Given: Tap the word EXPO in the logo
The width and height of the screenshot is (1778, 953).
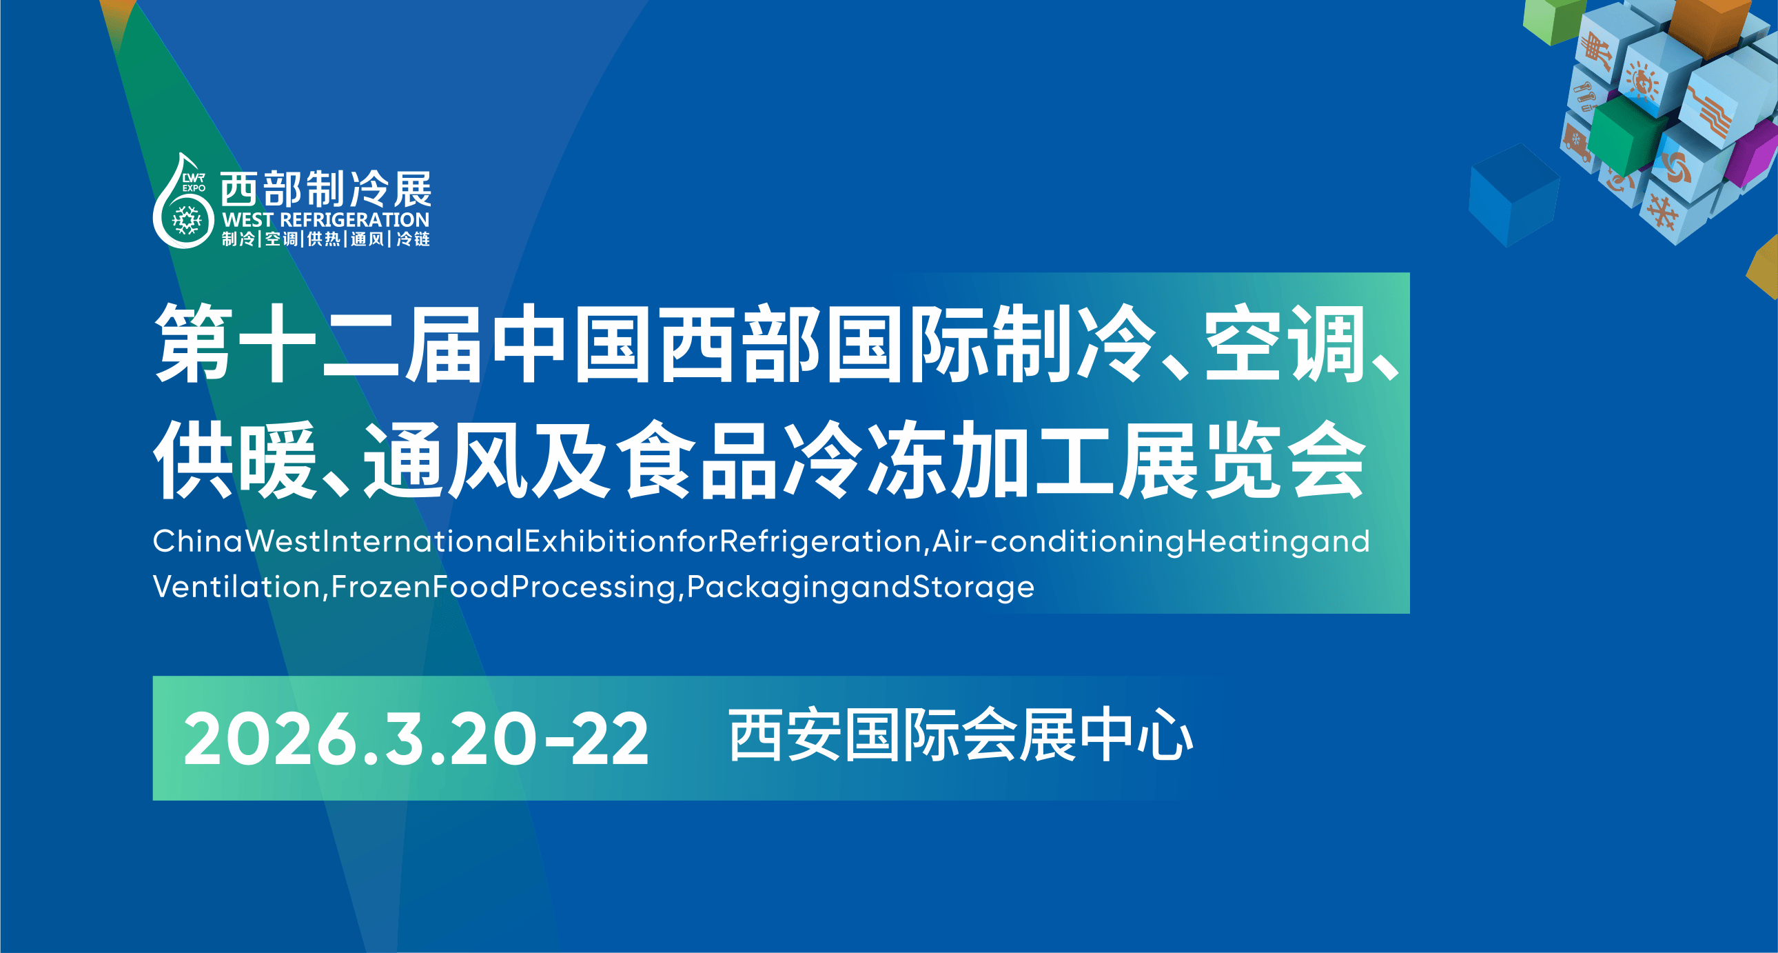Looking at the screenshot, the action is click(x=194, y=188).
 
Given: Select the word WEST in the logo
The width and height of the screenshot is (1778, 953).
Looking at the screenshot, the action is click(x=249, y=220).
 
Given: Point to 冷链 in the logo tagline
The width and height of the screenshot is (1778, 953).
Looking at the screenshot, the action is click(x=413, y=239).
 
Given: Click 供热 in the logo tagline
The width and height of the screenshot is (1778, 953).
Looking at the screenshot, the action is click(x=324, y=239).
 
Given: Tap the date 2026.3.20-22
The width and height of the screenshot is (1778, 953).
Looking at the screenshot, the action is click(x=416, y=740).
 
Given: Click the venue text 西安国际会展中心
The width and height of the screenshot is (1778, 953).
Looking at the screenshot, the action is click(x=961, y=735).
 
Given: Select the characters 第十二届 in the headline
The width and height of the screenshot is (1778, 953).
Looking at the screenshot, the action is click(x=318, y=343).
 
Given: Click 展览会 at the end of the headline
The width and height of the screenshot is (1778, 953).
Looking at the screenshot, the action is click(x=1242, y=460).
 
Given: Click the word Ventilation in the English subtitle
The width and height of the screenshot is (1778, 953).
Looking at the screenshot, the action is click(x=237, y=587).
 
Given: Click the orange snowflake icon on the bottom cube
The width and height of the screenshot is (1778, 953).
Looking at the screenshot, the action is click(x=1664, y=211).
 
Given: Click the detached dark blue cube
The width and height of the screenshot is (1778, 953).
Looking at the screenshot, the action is click(x=1513, y=194).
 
